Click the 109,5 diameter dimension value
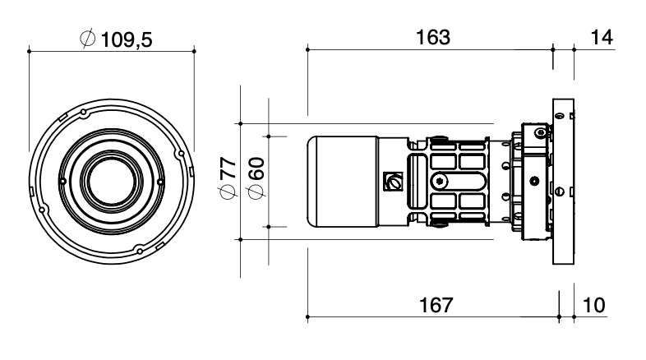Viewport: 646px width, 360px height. point(126,40)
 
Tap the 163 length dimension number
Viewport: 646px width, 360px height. point(433,38)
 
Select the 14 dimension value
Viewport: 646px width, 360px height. point(602,38)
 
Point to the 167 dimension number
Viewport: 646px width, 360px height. point(436,305)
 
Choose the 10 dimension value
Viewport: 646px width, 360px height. point(594,305)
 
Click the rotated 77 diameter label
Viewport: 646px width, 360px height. point(228,168)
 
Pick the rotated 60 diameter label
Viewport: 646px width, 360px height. point(256,168)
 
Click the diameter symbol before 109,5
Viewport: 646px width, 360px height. point(88,39)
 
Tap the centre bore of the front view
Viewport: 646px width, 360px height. point(112,182)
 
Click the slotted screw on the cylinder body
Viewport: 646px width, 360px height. point(393,182)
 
